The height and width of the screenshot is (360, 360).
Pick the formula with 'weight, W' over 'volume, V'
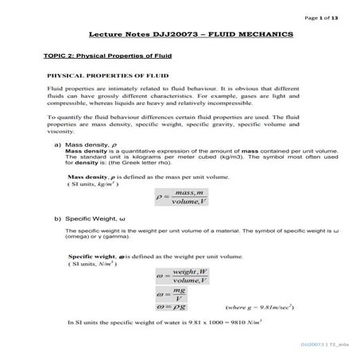(x=183, y=277)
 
